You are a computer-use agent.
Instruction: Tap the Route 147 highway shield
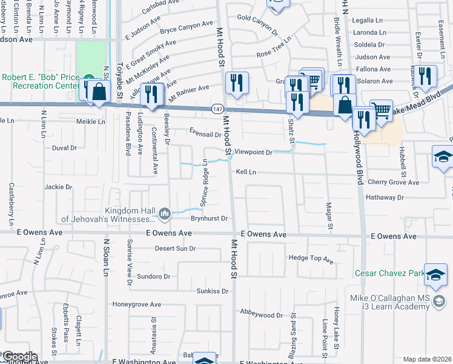217,109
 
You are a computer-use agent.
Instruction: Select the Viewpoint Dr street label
254,152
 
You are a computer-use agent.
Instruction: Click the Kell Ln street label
246,172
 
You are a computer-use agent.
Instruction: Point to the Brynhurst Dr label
208,218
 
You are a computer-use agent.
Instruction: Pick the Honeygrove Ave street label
136,305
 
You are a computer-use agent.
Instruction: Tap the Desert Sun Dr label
175,248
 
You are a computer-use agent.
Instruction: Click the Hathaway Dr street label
385,198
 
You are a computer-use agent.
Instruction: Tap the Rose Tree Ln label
274,54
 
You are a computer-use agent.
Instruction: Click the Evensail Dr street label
205,135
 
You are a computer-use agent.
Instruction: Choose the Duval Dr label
64,148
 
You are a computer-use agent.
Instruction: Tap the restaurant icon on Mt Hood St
235,83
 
